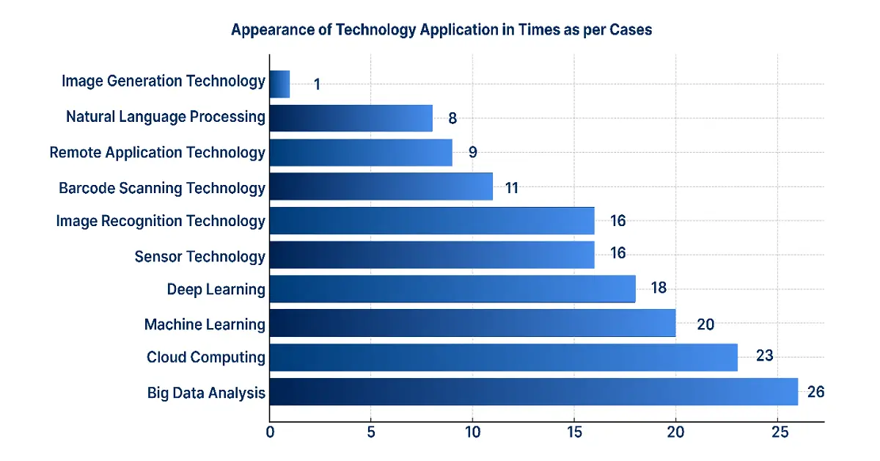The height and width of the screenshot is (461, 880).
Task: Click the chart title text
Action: click(x=441, y=30)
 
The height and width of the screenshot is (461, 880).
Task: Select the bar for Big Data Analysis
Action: click(x=533, y=392)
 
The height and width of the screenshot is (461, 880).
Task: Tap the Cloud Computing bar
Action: click(x=503, y=357)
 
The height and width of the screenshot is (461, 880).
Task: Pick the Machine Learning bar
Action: click(x=472, y=323)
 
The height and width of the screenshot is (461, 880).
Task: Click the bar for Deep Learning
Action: click(x=452, y=288)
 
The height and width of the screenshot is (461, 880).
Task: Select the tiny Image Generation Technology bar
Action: click(x=280, y=84)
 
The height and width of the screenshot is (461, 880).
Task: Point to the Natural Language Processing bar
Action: click(x=351, y=117)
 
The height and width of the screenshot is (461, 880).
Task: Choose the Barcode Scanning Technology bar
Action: click(x=381, y=186)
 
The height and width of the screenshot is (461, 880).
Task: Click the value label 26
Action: click(x=815, y=392)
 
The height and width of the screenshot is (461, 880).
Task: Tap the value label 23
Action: click(x=765, y=356)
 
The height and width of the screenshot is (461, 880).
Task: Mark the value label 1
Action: click(x=317, y=84)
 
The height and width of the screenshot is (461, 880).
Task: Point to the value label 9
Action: click(x=473, y=153)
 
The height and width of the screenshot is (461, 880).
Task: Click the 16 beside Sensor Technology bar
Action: click(x=617, y=253)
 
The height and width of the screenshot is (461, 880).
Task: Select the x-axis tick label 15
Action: click(x=574, y=432)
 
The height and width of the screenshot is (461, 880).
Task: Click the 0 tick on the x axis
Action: click(x=271, y=432)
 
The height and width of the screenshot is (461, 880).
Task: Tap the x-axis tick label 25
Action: click(x=777, y=432)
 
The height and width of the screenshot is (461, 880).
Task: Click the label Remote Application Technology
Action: click(x=157, y=153)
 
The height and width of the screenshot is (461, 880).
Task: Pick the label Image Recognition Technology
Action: click(x=161, y=221)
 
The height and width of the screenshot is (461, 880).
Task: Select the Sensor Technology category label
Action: click(x=199, y=256)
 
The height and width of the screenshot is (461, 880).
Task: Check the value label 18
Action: click(x=659, y=288)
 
